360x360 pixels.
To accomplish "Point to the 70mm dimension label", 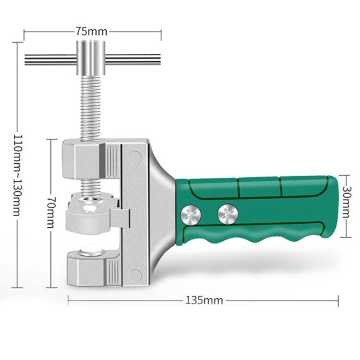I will point(51,212).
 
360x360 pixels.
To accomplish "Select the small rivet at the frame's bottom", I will point(134,273).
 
